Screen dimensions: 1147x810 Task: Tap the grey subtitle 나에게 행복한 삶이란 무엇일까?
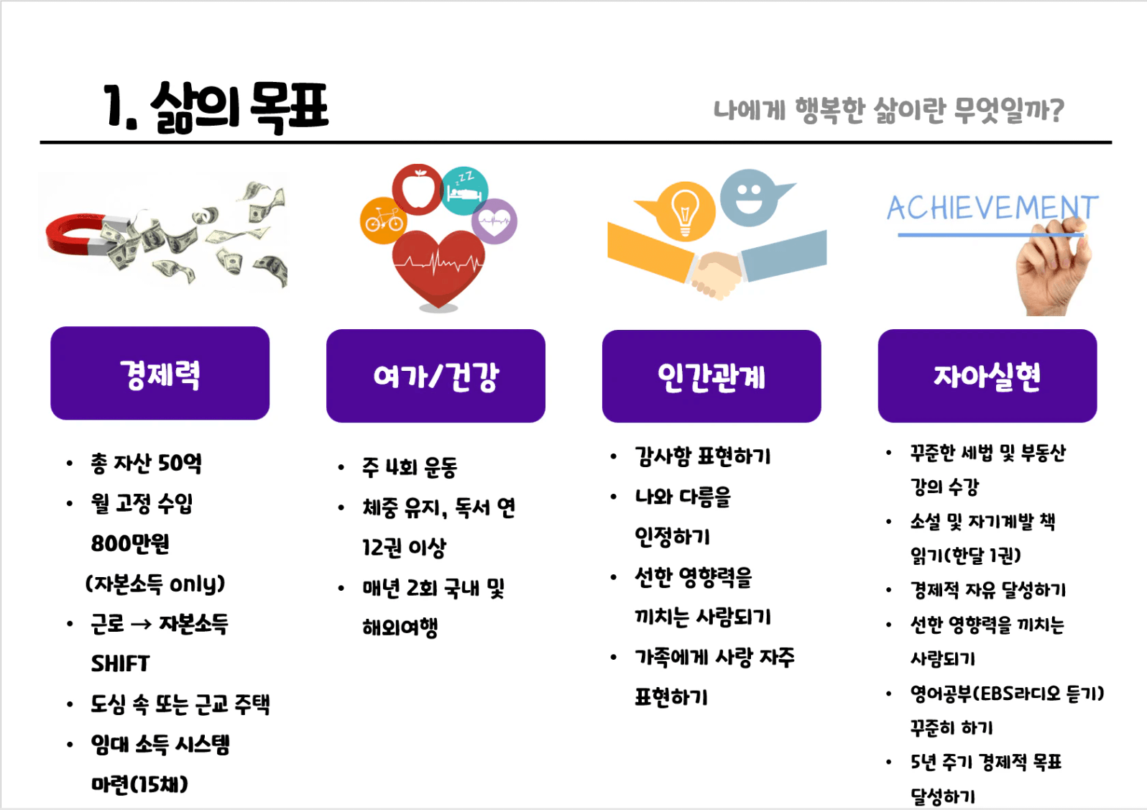[888, 110]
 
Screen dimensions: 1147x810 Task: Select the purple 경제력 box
[160, 373]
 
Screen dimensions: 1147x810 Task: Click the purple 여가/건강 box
[436, 376]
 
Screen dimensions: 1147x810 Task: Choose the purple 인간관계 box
[711, 377]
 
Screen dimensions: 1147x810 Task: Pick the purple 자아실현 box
[987, 376]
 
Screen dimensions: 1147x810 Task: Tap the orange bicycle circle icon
[384, 221]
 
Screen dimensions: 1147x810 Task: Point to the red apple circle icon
[418, 190]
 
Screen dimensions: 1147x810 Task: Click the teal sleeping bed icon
[464, 191]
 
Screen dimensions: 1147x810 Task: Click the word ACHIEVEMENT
[992, 208]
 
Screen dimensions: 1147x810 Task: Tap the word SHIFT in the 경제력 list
[120, 663]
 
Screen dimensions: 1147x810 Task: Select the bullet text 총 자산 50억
[146, 463]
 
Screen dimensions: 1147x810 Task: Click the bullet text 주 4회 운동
[410, 467]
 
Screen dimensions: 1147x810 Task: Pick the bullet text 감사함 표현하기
[703, 456]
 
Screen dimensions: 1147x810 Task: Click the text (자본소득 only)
[155, 584]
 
